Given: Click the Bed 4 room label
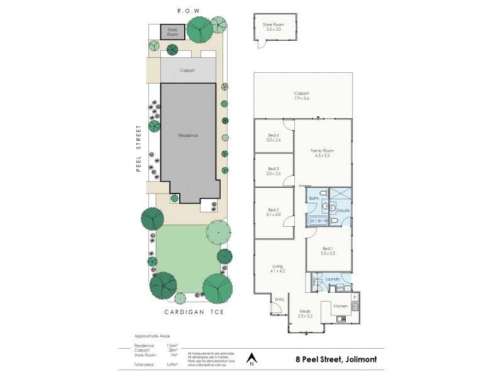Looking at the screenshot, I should pos(273,135).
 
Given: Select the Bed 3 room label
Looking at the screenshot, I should pos(273,168).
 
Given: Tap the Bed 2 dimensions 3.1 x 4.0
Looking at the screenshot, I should pos(273,215).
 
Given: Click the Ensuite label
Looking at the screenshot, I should pos(343,210).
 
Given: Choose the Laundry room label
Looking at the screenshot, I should pos(332,279).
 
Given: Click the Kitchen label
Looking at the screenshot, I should pos(340,306).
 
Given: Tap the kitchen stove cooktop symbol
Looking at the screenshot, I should pos(355,307).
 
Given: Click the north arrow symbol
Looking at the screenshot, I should pos(251,358).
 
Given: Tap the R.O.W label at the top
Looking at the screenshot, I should pos(188,11).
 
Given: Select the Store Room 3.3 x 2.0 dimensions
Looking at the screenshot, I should pos(273,29).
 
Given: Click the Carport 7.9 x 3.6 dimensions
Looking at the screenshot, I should pos(301,99).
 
